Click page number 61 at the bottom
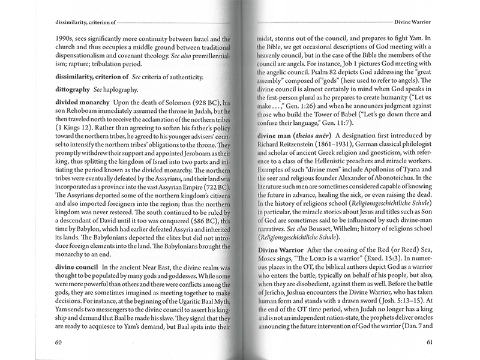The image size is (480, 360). click(430, 343)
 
